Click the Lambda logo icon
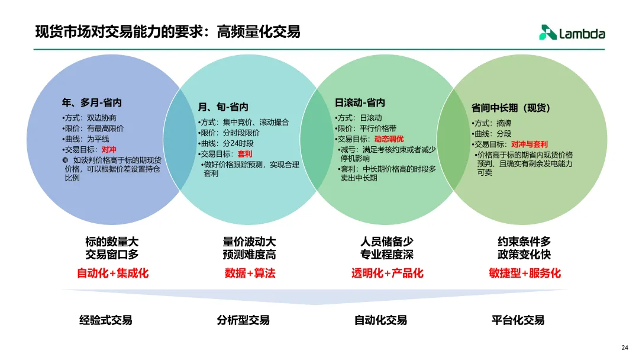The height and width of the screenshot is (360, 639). click(x=547, y=33)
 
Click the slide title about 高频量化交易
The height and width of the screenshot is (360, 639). click(x=167, y=31)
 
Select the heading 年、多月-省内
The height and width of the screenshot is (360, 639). click(x=92, y=102)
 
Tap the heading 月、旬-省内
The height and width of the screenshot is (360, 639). click(x=223, y=107)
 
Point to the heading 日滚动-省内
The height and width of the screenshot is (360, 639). click(x=360, y=102)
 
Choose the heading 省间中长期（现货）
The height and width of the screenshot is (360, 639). click(x=511, y=108)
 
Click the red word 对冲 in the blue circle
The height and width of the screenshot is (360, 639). click(x=109, y=150)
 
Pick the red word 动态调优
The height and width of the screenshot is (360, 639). click(x=388, y=139)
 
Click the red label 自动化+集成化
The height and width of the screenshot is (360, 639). click(x=112, y=273)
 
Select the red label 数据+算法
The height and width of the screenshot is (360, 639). click(x=250, y=273)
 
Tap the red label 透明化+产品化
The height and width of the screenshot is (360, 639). click(x=387, y=273)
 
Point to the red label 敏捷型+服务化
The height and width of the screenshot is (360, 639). click(x=525, y=273)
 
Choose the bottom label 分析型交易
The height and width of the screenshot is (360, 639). click(x=243, y=320)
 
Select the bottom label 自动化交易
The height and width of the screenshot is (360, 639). click(x=380, y=320)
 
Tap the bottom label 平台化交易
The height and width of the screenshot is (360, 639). click(x=518, y=320)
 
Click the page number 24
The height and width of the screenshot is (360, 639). click(x=625, y=348)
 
